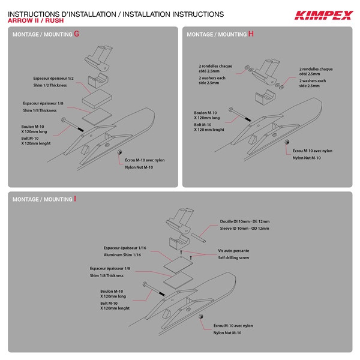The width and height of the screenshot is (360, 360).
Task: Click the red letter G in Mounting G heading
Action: point(76,34)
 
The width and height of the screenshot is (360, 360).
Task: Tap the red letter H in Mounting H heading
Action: point(251,34)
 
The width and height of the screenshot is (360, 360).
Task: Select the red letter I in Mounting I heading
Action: point(75,199)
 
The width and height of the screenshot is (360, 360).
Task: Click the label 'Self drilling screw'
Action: point(233,257)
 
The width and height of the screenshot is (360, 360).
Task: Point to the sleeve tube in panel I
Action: point(196,233)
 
